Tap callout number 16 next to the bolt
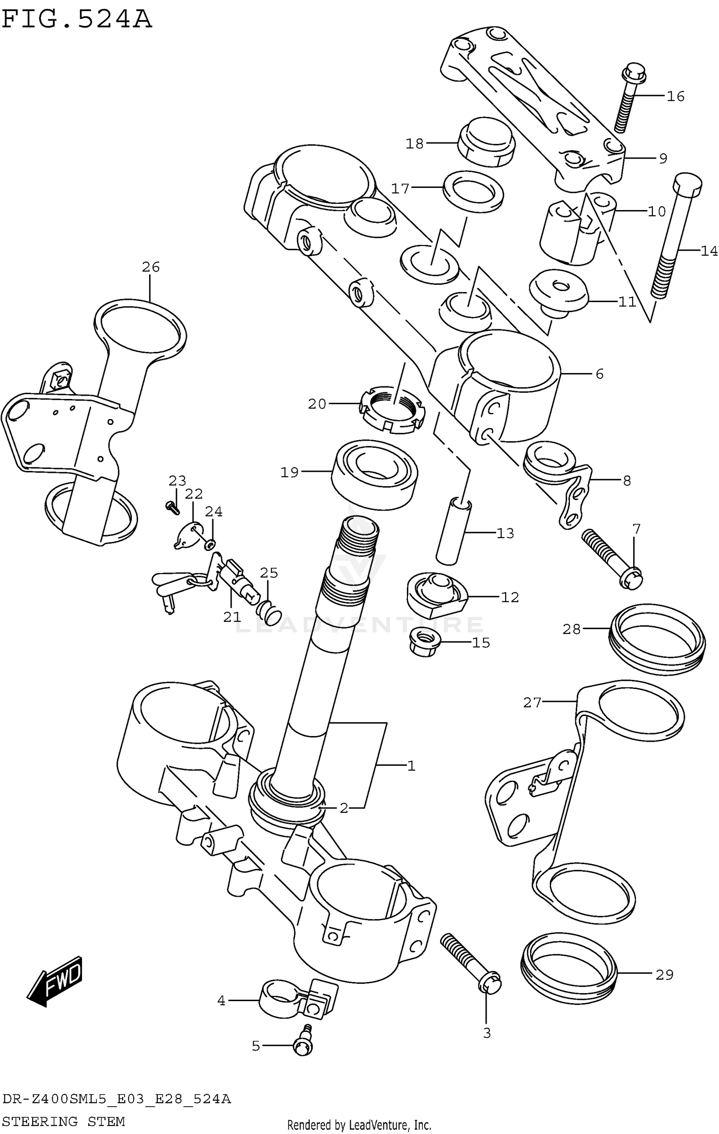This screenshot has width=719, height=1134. (675, 96)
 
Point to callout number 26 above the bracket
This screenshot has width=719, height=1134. (151, 267)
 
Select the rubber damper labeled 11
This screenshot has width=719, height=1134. (559, 291)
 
